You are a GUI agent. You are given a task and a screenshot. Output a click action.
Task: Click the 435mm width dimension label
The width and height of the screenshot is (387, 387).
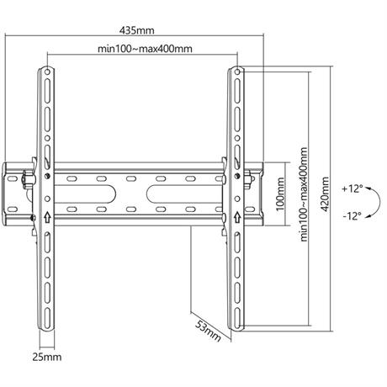[137, 30]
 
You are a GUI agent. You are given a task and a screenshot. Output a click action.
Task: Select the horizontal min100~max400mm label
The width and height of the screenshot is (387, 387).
[145, 49]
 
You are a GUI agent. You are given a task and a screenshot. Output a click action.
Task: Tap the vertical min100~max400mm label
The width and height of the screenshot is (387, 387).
[304, 194]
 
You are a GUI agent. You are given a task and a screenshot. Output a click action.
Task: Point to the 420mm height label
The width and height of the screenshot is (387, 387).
[325, 193]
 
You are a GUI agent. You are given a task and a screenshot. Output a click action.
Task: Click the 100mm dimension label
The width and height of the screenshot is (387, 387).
[280, 194]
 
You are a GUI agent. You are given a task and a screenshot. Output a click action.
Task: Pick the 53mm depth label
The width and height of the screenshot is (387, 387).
[208, 331]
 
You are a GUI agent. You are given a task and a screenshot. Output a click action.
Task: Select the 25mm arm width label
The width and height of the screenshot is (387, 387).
[47, 357]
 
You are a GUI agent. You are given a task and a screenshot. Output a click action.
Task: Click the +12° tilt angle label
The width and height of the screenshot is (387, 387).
[353, 188]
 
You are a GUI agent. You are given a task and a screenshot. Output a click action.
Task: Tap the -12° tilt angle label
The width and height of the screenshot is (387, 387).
[353, 216]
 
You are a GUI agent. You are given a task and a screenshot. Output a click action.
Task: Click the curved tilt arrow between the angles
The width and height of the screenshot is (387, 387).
[380, 201]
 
